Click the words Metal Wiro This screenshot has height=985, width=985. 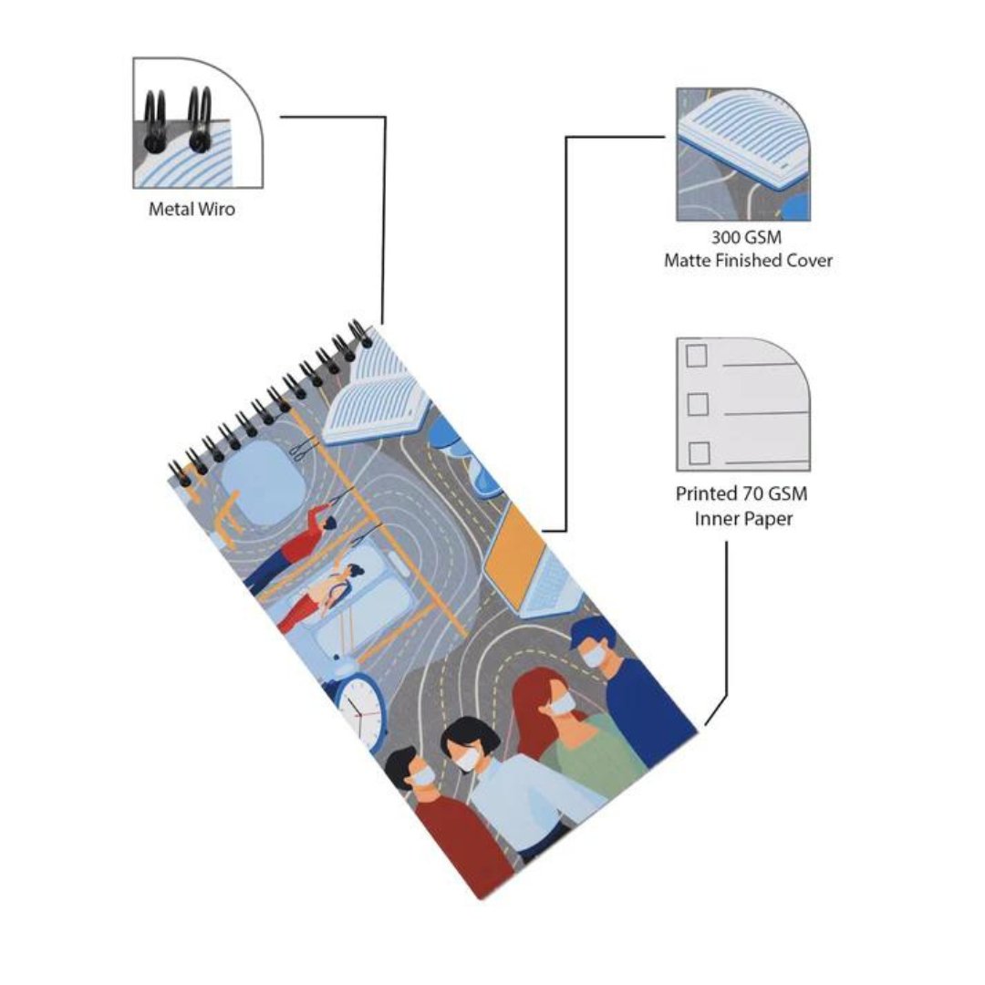[x=192, y=210]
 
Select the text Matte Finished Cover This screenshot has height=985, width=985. [x=748, y=261]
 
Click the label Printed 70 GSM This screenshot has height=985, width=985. [x=741, y=494]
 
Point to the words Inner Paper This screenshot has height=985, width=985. [x=741, y=519]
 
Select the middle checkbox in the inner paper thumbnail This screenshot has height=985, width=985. [x=698, y=402]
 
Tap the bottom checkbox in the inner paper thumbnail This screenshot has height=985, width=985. [x=699, y=451]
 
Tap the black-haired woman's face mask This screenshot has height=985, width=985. [x=469, y=757]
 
